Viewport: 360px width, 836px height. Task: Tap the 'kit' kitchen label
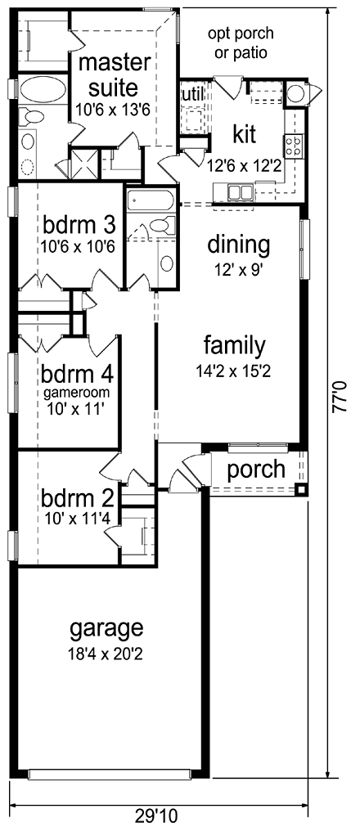(x=245, y=133)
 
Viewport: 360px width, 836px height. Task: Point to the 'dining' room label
(x=238, y=244)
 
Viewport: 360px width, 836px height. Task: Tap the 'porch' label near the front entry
(x=256, y=470)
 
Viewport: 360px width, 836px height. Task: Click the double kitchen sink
(x=241, y=192)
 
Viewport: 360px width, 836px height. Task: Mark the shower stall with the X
(x=84, y=160)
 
